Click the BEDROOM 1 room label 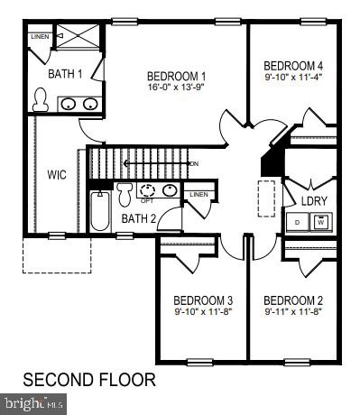[x=178, y=76]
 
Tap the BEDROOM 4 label [x=292, y=66]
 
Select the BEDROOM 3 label [x=203, y=300]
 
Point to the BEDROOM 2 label [x=293, y=300]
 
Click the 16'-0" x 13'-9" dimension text [x=178, y=88]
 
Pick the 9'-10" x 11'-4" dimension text [x=292, y=78]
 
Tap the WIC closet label [x=58, y=174]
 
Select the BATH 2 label [x=139, y=218]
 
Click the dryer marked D [x=299, y=221]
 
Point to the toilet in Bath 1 [x=39, y=101]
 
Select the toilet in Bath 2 [x=125, y=193]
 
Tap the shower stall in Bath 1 [x=78, y=38]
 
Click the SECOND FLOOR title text [x=88, y=379]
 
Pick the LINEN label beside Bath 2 [x=198, y=194]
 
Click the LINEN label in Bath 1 [x=39, y=37]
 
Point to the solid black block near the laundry [x=269, y=162]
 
